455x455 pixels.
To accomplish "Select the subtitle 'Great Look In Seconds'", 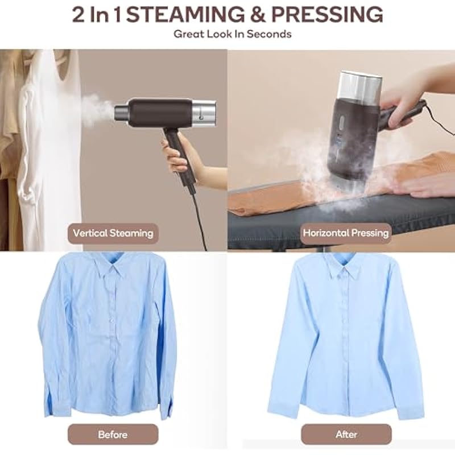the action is [233, 34].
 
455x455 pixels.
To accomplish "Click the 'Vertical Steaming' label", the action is [113, 233].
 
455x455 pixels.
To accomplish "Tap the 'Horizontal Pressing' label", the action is [346, 233].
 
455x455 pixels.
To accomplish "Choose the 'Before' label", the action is [113, 435].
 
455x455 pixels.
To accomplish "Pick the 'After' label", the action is [346, 435].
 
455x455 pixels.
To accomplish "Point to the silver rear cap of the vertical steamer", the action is [204, 113].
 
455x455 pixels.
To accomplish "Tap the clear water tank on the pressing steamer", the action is [361, 86].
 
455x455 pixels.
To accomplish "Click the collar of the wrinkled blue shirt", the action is [112, 266].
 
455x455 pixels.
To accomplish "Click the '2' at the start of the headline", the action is [78, 15].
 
